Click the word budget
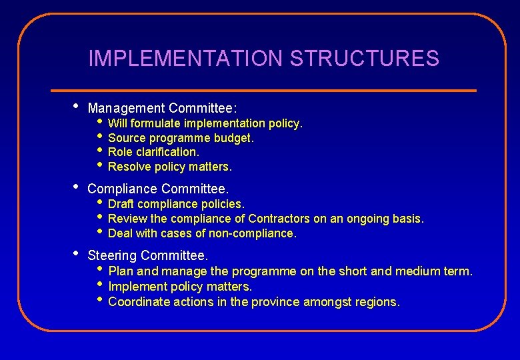[233, 138]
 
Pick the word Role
[119, 152]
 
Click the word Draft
[121, 203]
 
